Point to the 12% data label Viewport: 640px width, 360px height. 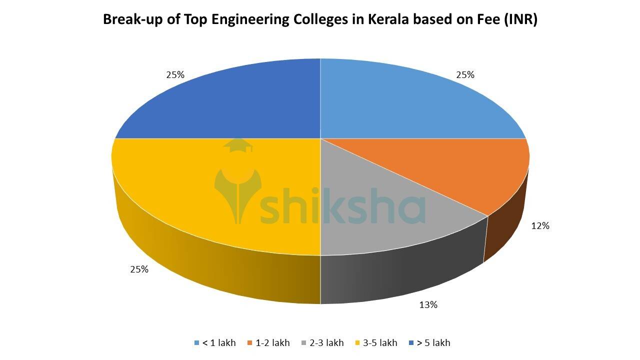[x=540, y=226]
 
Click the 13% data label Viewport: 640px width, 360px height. [x=428, y=304]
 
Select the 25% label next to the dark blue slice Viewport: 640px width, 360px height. [x=175, y=75]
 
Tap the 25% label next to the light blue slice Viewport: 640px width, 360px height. [x=465, y=75]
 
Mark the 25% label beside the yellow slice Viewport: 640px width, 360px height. [x=139, y=269]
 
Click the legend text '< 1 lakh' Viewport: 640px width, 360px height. [x=218, y=343]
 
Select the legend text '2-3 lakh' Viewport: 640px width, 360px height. [x=326, y=343]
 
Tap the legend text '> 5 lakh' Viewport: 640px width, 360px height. [x=433, y=343]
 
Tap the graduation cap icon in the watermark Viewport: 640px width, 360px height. [x=238, y=146]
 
